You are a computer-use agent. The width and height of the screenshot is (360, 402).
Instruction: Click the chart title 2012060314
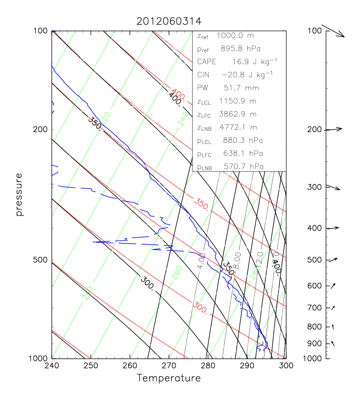click(169, 21)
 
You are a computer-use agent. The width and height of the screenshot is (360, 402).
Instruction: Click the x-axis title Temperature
click(169, 378)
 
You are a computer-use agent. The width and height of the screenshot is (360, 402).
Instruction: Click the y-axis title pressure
click(19, 194)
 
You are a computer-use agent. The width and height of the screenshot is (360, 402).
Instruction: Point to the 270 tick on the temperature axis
click(169, 366)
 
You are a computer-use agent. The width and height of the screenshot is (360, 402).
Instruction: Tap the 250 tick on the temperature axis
click(91, 366)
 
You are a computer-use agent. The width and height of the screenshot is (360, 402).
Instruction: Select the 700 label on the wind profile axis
click(314, 307)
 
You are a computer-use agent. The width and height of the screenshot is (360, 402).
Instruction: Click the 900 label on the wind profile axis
click(314, 344)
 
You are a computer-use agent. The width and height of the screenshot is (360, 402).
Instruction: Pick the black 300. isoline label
click(147, 281)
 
